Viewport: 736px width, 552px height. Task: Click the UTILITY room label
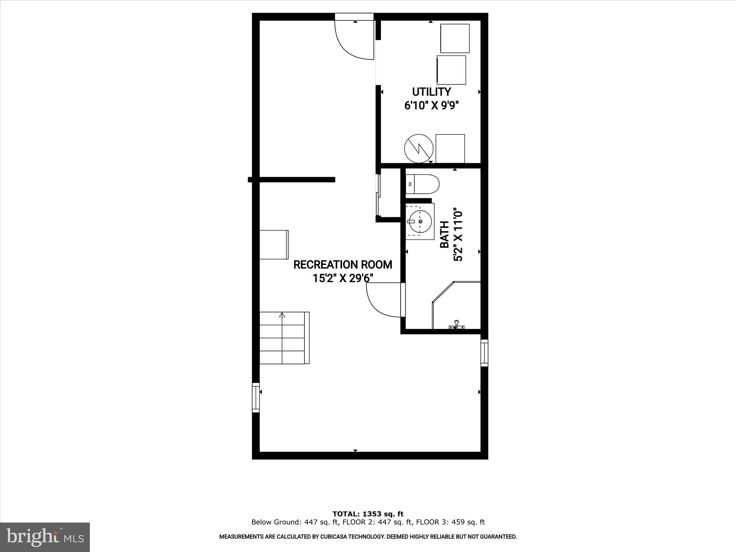point(431,92)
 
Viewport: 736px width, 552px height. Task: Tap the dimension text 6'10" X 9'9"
point(432,106)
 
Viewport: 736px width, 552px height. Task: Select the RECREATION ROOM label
point(342,265)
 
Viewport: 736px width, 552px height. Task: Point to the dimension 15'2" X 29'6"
point(343,279)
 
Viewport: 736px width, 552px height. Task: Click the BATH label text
point(445,234)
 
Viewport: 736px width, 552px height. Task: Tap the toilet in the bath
point(423,184)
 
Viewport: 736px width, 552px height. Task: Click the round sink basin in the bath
point(420,222)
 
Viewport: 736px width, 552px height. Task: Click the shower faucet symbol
point(456,325)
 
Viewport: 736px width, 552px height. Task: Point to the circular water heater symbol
point(419,149)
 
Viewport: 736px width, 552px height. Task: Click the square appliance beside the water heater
point(450,149)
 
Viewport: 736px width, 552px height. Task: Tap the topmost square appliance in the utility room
point(455,38)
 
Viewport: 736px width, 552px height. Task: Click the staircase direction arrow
point(282,316)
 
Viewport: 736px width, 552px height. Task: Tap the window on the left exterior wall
point(256,397)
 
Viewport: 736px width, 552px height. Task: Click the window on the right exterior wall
point(484,353)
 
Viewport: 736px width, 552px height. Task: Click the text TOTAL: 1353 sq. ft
point(368,514)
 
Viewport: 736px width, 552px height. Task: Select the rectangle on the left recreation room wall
point(274,244)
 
